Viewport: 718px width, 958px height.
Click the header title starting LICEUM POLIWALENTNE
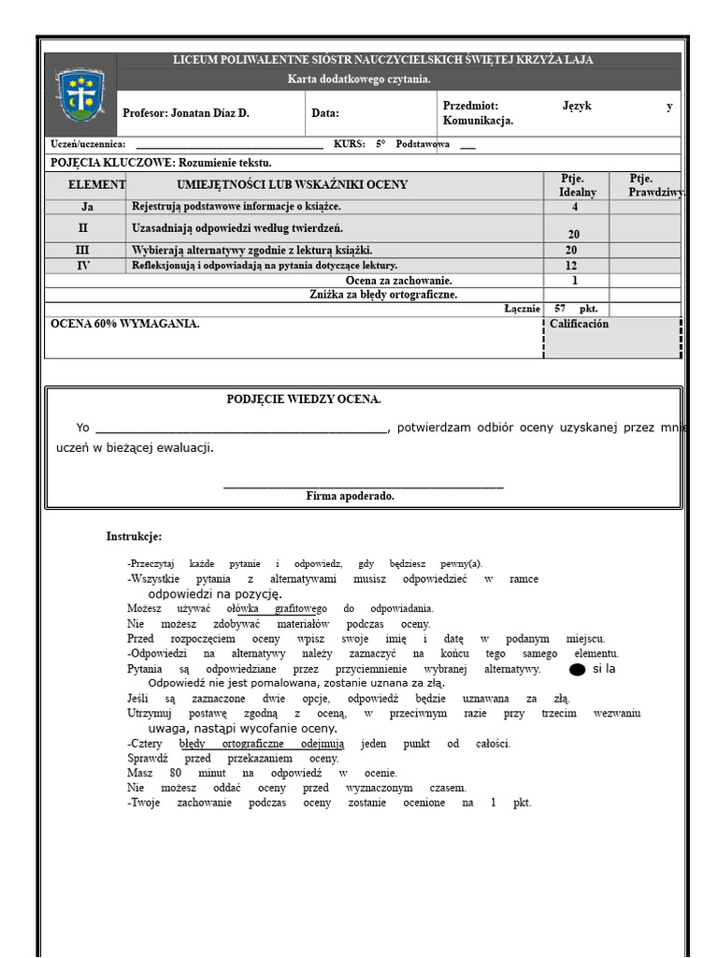coord(382,60)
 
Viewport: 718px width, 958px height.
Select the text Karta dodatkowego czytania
coord(359,80)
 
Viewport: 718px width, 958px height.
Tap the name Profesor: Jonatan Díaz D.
coord(186,113)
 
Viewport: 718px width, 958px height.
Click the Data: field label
coord(325,113)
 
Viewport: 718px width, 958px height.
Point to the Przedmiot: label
coord(470,107)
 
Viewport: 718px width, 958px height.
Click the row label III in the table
coord(83,251)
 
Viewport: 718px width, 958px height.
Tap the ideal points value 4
coord(574,207)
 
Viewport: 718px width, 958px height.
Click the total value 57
coord(560,309)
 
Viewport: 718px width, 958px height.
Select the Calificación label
coord(579,324)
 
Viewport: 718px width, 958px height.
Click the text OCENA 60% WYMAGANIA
coord(124,324)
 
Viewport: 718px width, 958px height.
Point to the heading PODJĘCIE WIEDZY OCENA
coord(304,399)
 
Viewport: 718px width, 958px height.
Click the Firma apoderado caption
coord(350,496)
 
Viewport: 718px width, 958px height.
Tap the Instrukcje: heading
coord(134,536)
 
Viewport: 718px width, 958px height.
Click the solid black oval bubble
coord(577,670)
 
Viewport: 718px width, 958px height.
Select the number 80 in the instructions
coord(175,774)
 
